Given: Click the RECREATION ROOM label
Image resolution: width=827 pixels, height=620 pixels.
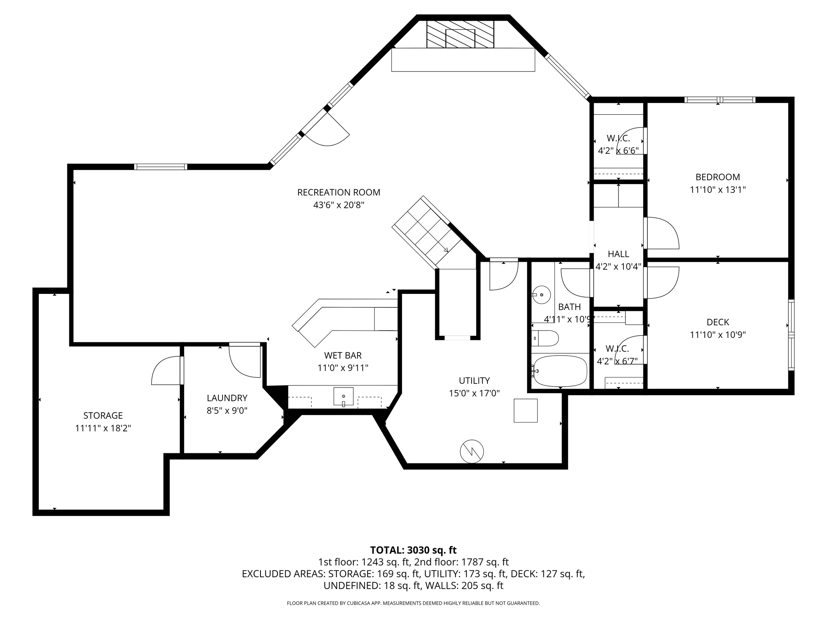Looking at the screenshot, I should click(x=338, y=193).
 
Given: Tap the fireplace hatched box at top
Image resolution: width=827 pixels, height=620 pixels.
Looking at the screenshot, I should click(x=460, y=34).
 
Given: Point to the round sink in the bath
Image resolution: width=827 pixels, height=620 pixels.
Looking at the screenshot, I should click(x=542, y=295).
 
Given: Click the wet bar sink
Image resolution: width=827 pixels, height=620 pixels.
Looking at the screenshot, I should click(x=343, y=396).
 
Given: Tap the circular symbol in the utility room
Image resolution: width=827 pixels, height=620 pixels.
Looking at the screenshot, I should click(x=472, y=451).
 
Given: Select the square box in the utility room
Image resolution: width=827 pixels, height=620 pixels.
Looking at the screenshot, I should click(x=525, y=411).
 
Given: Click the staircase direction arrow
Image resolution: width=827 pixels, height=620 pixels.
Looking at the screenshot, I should click(x=446, y=250).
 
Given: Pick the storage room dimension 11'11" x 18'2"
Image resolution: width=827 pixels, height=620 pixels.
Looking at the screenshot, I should click(x=103, y=428).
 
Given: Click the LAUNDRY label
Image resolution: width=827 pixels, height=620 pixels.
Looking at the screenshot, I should click(x=227, y=398).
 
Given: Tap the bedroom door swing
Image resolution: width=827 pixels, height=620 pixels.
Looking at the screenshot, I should click(x=662, y=233).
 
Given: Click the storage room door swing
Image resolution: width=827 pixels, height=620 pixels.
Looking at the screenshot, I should click(x=166, y=371).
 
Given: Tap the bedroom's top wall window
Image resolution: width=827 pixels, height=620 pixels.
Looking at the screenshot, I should click(x=719, y=100).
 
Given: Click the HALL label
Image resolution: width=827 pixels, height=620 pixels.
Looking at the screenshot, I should click(x=618, y=254).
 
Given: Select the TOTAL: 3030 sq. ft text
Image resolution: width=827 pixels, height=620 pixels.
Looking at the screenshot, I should click(x=413, y=550).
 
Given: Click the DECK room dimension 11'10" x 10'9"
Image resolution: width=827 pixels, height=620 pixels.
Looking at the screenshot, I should click(x=718, y=335).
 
